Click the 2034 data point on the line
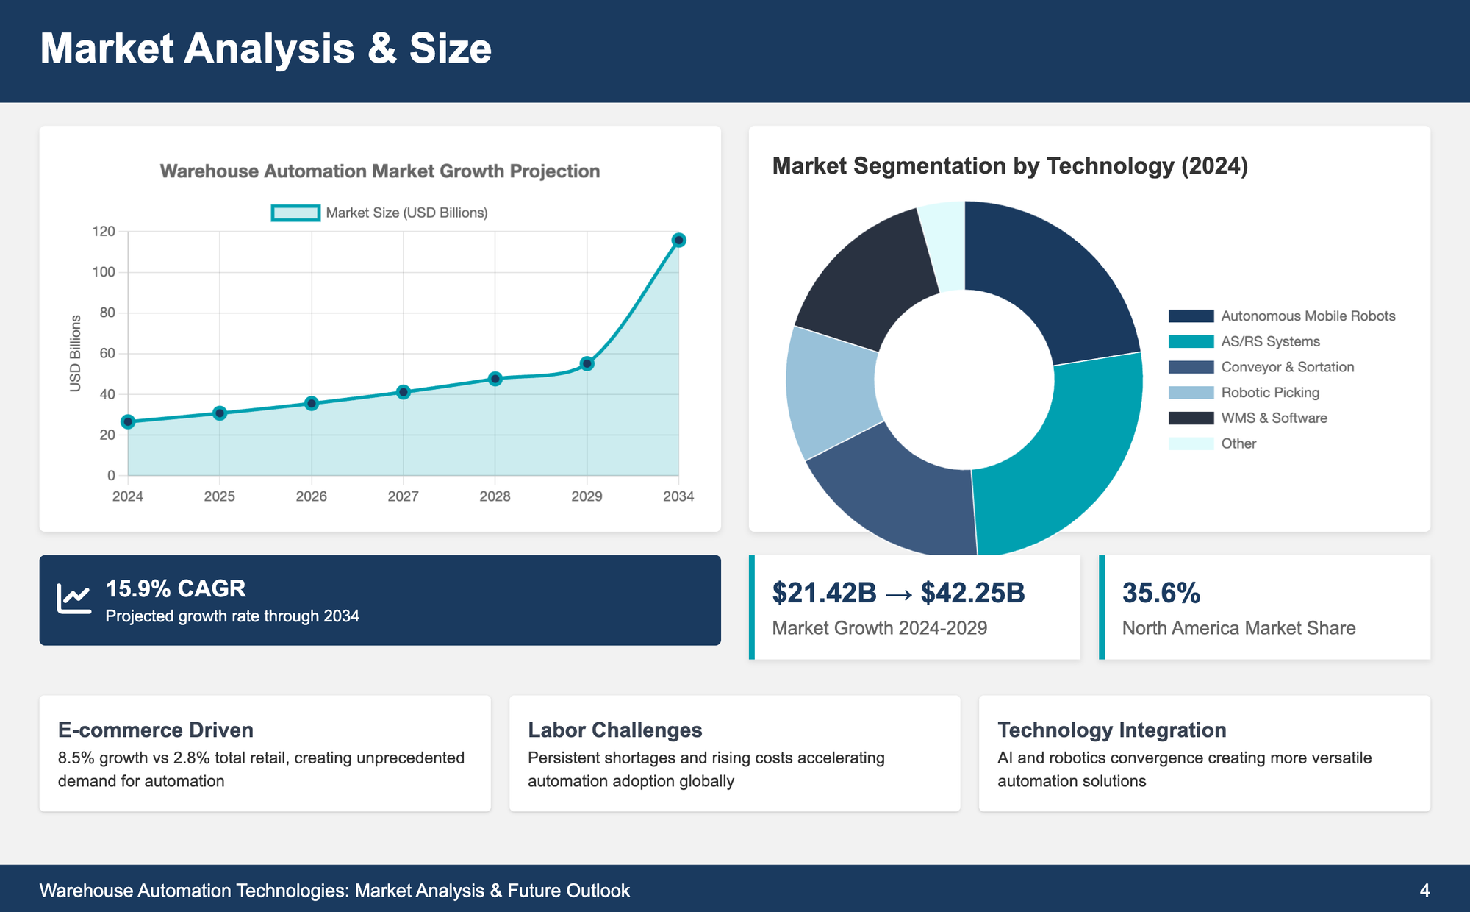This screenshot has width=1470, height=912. (678, 241)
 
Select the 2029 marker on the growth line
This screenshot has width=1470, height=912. (587, 363)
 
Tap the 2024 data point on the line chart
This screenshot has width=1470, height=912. (128, 421)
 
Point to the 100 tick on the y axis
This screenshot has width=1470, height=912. (104, 272)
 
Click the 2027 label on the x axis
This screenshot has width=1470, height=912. (403, 496)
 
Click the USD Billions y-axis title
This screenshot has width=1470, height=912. (75, 353)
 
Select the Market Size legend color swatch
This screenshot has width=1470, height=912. (295, 213)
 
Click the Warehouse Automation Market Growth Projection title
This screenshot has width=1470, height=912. (380, 171)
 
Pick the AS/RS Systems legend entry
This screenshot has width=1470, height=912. (1270, 341)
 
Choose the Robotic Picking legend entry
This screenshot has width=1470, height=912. (1270, 393)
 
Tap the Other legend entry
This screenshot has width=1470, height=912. (1238, 443)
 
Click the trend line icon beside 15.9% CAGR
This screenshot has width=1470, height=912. (74, 599)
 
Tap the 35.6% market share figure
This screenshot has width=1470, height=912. (1161, 593)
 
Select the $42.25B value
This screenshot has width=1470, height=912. (972, 593)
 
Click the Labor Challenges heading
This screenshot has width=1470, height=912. (614, 730)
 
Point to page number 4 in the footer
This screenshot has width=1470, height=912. (1424, 891)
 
